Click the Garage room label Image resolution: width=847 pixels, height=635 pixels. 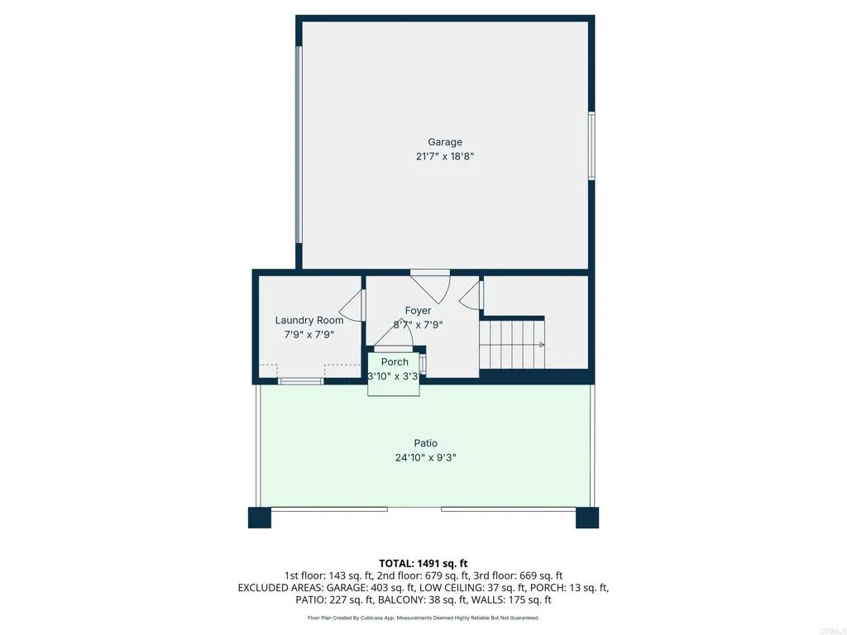[x=445, y=142]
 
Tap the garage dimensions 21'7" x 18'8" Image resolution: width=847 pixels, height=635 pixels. [x=445, y=156]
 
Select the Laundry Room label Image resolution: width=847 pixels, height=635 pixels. [x=309, y=321]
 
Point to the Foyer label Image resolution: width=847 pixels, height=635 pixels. [x=418, y=311]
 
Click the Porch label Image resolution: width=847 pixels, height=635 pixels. [x=395, y=362]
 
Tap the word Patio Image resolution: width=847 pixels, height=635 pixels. [x=426, y=443]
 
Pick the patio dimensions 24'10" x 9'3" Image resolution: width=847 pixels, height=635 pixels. [x=426, y=457]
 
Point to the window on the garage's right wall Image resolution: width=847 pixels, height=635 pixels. [x=591, y=146]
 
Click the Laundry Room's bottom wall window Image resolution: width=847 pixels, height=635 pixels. [x=300, y=381]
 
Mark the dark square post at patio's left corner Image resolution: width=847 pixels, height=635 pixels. [x=260, y=518]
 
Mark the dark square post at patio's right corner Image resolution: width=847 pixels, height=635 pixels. [x=587, y=518]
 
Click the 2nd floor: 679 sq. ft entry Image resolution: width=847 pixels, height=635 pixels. [x=424, y=575]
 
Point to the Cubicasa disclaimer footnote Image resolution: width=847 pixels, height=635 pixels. [x=423, y=618]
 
